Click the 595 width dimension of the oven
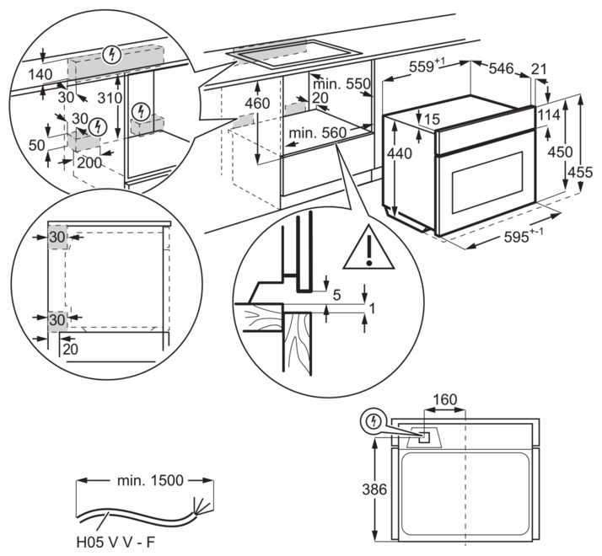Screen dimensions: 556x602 521,237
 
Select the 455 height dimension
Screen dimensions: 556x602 585,172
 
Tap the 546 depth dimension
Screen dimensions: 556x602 501,69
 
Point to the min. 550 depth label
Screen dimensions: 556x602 341,83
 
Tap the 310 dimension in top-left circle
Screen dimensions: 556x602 105,97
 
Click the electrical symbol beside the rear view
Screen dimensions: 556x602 372,421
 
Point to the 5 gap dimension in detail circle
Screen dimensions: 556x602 336,294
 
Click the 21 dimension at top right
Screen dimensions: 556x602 540,68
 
